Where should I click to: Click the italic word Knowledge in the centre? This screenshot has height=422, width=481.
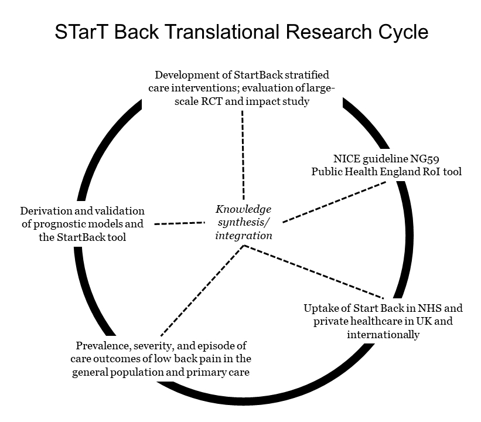(244, 209)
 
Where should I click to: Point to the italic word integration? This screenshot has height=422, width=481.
(244, 236)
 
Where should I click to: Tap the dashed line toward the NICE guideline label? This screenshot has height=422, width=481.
(333, 201)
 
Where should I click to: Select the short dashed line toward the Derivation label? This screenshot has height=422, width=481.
(179, 223)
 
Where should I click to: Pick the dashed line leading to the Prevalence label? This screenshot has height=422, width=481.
(200, 290)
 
